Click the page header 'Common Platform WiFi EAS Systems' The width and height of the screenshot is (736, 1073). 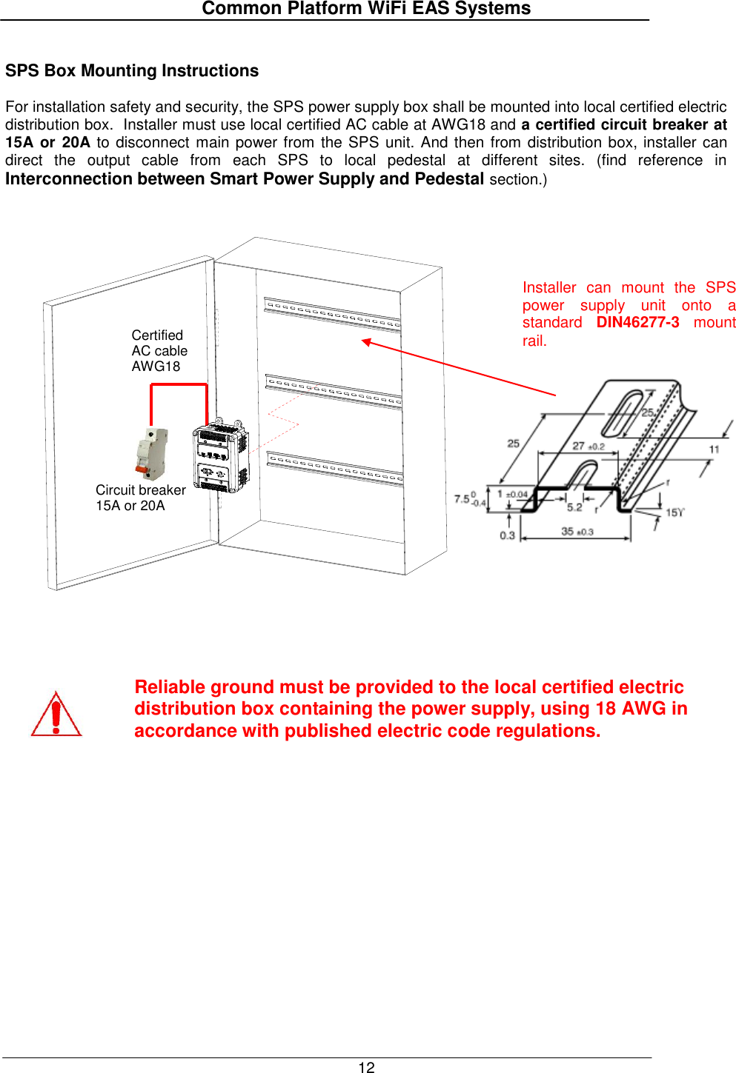(366, 9)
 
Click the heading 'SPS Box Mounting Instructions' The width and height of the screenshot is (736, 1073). (132, 71)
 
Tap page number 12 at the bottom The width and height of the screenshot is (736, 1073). (366, 1067)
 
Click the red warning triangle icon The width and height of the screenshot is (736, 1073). (56, 715)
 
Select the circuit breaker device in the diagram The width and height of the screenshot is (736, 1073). (152, 453)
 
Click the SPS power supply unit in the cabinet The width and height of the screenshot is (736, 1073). (220, 457)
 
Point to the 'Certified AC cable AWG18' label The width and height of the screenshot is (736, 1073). (159, 351)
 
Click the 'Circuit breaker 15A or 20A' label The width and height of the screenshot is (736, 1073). (140, 498)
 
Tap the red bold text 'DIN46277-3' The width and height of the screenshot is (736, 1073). (637, 323)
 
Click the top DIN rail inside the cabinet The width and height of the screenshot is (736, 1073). (332, 313)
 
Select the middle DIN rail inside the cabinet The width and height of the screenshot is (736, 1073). (334, 391)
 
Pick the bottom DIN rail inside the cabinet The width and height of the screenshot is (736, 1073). (335, 468)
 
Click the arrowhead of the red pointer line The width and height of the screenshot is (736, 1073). (365, 341)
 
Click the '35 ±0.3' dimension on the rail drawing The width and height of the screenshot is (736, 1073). (577, 532)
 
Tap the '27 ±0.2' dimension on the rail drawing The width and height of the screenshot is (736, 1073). (588, 446)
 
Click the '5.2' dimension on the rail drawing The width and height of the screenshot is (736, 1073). (574, 507)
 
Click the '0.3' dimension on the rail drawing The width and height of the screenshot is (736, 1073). (507, 535)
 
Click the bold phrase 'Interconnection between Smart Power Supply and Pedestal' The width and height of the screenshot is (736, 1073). (245, 179)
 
